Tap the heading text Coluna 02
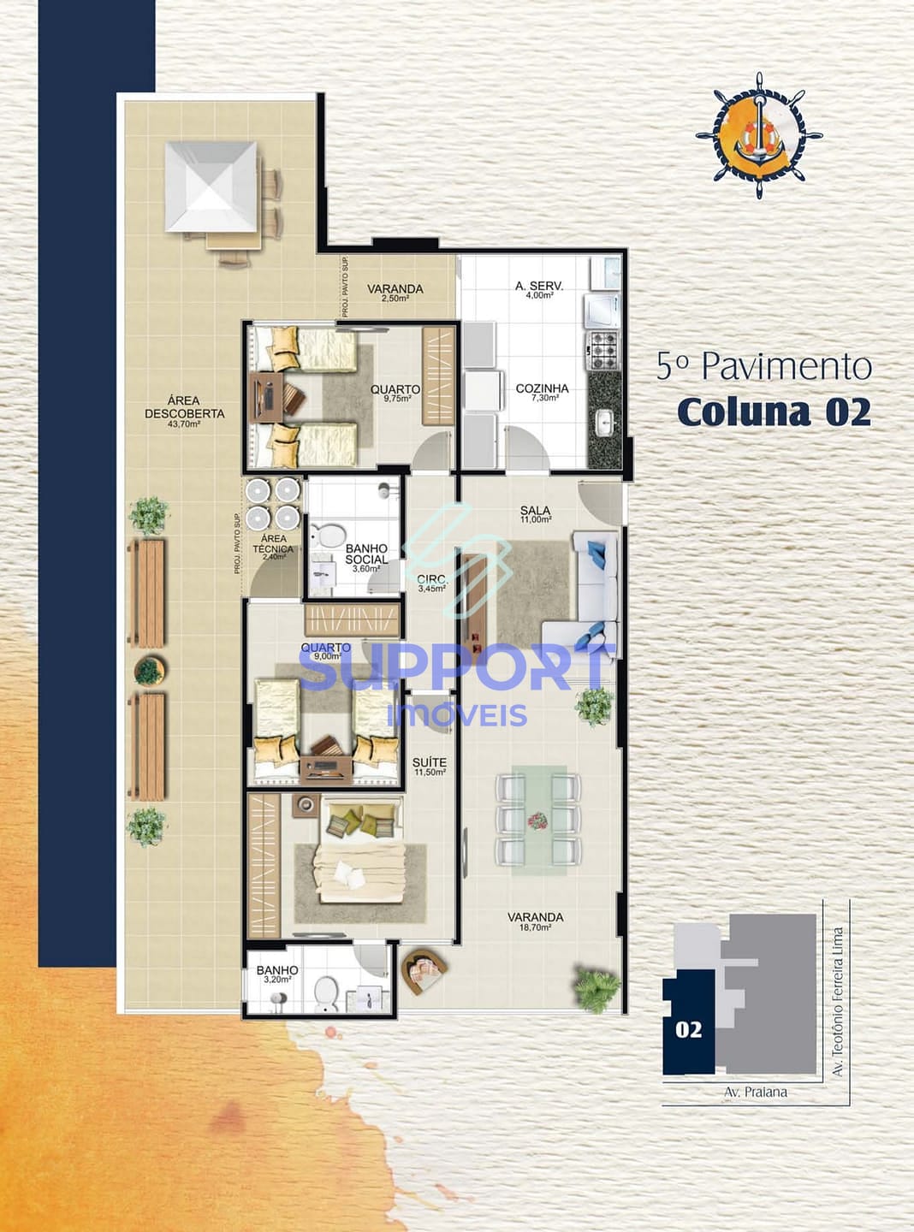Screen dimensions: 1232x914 [x=774, y=412]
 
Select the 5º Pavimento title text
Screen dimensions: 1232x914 [x=763, y=366]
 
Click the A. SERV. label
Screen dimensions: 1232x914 [x=539, y=289]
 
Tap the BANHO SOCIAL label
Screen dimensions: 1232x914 [x=366, y=554]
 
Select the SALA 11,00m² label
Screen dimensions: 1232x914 [x=536, y=514]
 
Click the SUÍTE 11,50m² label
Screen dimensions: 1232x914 [x=429, y=767]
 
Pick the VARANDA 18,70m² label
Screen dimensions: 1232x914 [x=535, y=921]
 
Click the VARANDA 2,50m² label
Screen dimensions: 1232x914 [x=395, y=293]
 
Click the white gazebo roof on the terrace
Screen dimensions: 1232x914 [x=211, y=187]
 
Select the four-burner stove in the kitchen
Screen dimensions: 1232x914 [x=601, y=346]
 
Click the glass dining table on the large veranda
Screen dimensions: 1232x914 [x=537, y=820]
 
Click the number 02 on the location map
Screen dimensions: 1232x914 [x=688, y=1029]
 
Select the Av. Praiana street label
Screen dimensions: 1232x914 [x=755, y=1093]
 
